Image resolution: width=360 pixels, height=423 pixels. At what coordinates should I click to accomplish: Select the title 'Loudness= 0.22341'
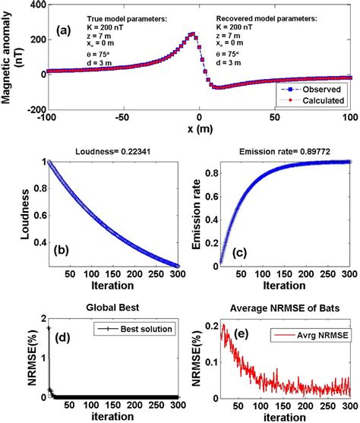pos(117,151)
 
